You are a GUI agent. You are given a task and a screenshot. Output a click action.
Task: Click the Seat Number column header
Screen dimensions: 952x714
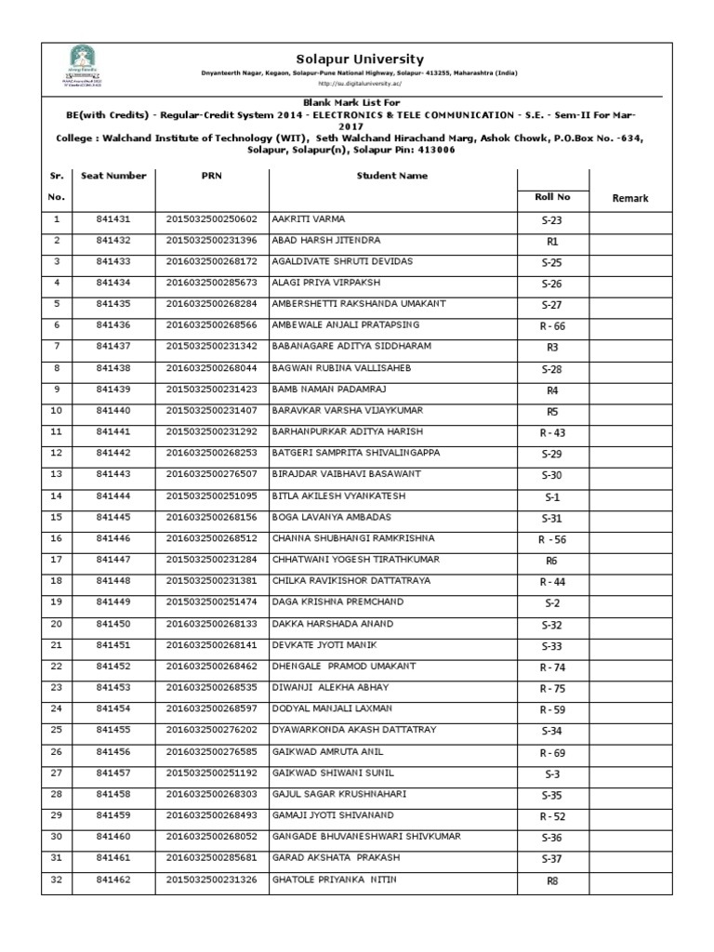click(113, 176)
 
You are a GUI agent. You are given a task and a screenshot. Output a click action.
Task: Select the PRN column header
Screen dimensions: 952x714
click(211, 176)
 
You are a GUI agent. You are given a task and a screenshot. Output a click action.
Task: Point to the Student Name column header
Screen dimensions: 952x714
click(391, 176)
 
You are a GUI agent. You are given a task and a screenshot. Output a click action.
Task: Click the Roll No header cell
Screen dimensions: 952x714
click(552, 197)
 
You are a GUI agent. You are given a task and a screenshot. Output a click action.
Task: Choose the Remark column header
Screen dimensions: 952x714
click(629, 198)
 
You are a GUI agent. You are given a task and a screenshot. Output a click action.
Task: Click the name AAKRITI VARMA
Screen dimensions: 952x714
click(308, 219)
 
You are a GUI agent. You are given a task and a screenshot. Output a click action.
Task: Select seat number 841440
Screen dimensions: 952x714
click(113, 410)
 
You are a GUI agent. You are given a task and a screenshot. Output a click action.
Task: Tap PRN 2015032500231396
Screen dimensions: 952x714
click(211, 241)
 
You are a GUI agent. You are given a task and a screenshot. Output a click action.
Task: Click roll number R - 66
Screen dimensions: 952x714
click(552, 326)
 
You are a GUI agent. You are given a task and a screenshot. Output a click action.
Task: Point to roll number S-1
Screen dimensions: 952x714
click(552, 497)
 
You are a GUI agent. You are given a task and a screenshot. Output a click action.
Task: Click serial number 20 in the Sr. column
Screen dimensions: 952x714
click(57, 623)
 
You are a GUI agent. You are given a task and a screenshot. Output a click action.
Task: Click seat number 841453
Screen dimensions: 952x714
click(113, 687)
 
